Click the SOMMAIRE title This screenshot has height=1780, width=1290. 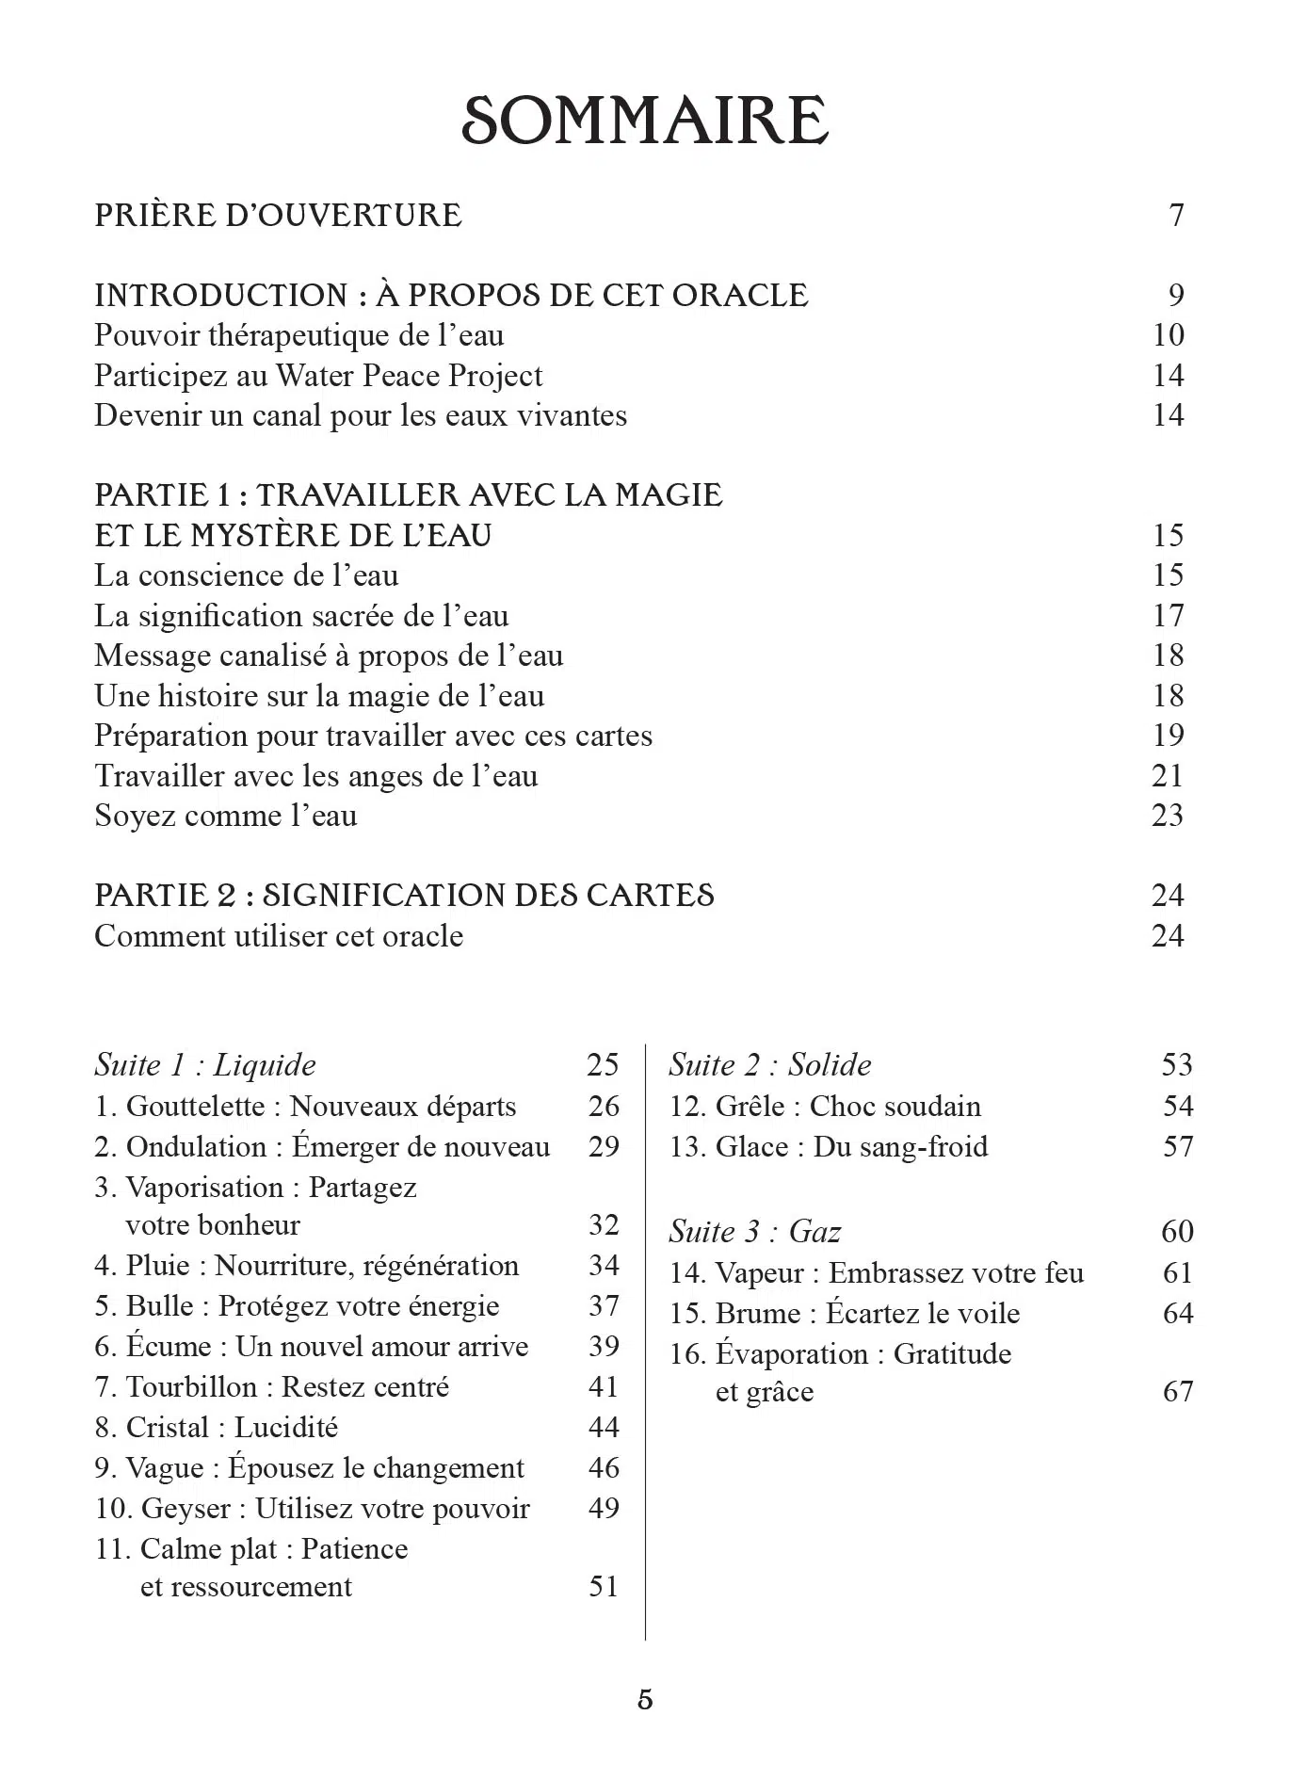click(x=645, y=121)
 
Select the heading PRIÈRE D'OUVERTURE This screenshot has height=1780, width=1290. click(x=279, y=215)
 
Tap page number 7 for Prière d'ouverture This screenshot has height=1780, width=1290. click(x=1176, y=216)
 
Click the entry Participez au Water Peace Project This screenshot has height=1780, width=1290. click(x=318, y=376)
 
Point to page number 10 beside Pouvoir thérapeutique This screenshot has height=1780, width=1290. click(x=1168, y=335)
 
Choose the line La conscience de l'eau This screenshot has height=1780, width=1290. click(x=247, y=575)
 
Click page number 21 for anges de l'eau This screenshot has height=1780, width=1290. click(x=1168, y=776)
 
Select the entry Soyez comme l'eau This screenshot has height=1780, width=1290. click(x=226, y=816)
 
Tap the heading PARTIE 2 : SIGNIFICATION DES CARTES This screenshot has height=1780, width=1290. click(x=405, y=895)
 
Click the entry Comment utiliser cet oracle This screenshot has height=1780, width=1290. click(x=279, y=936)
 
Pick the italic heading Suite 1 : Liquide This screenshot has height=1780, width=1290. click(x=205, y=1065)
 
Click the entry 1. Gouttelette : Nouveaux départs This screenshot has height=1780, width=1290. click(x=305, y=1106)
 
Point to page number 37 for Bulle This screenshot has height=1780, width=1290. click(x=604, y=1306)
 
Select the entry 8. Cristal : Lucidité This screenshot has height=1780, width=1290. click(x=216, y=1428)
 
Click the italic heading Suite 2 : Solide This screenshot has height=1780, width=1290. click(x=770, y=1065)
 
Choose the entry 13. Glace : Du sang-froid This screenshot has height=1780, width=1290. click(x=829, y=1147)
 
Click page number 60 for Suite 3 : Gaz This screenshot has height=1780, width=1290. click(x=1177, y=1231)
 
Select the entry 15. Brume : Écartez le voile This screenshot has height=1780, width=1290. click(x=845, y=1314)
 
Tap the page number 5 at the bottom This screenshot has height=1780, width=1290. click(x=645, y=1700)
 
